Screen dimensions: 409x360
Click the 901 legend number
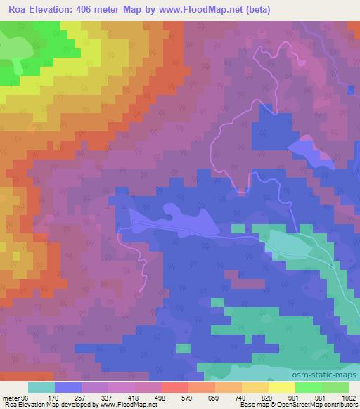pyautogui.click(x=310, y=396)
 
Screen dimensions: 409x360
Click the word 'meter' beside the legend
pyautogui.click(x=12, y=396)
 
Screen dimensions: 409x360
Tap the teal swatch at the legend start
pyautogui.click(x=41, y=387)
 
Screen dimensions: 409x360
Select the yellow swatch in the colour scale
pyautogui.click(x=281, y=387)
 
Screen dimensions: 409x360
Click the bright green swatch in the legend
pyautogui.click(x=308, y=387)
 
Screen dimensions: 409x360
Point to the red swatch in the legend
pyautogui.click(x=175, y=387)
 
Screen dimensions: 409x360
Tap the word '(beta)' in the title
pyautogui.click(x=258, y=10)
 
